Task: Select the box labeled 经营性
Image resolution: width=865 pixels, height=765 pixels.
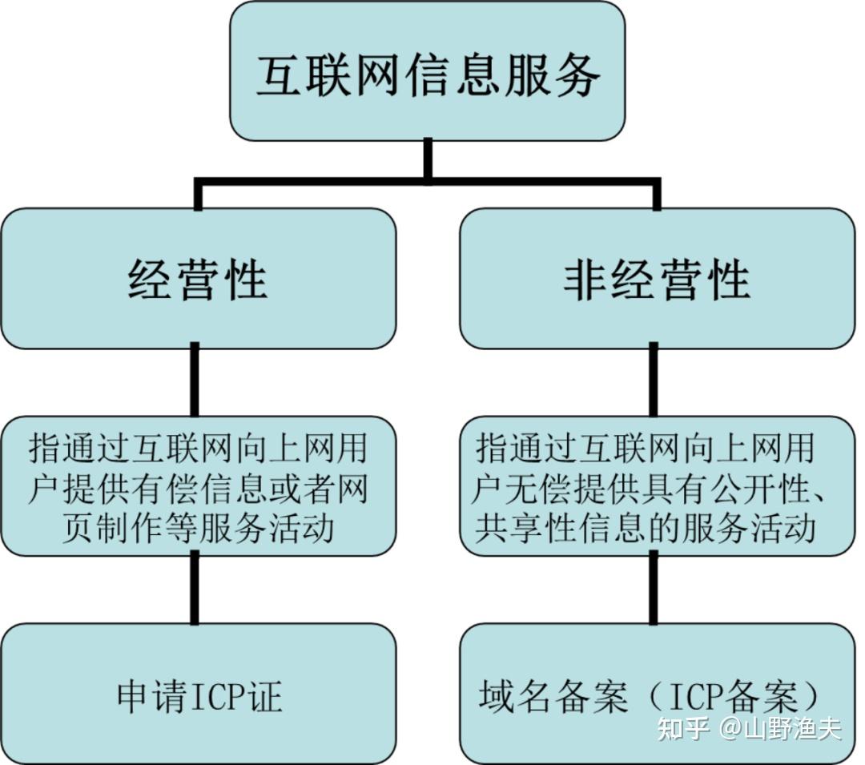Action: click(x=197, y=279)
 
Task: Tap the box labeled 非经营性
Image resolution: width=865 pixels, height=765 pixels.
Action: click(x=657, y=279)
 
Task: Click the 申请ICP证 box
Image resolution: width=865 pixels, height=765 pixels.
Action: click(x=197, y=695)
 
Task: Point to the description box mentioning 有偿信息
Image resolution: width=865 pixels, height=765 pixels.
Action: click(x=197, y=487)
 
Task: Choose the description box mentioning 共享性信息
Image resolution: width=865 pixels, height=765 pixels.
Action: click(x=657, y=487)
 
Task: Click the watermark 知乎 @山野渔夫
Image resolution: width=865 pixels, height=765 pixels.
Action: click(x=748, y=728)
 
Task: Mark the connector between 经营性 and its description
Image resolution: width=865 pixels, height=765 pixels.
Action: click(x=195, y=381)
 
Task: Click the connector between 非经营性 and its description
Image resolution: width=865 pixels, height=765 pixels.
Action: click(x=654, y=381)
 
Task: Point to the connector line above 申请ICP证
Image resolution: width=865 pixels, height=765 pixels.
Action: click(x=195, y=590)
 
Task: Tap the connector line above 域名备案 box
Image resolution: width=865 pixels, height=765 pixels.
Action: click(x=654, y=590)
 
